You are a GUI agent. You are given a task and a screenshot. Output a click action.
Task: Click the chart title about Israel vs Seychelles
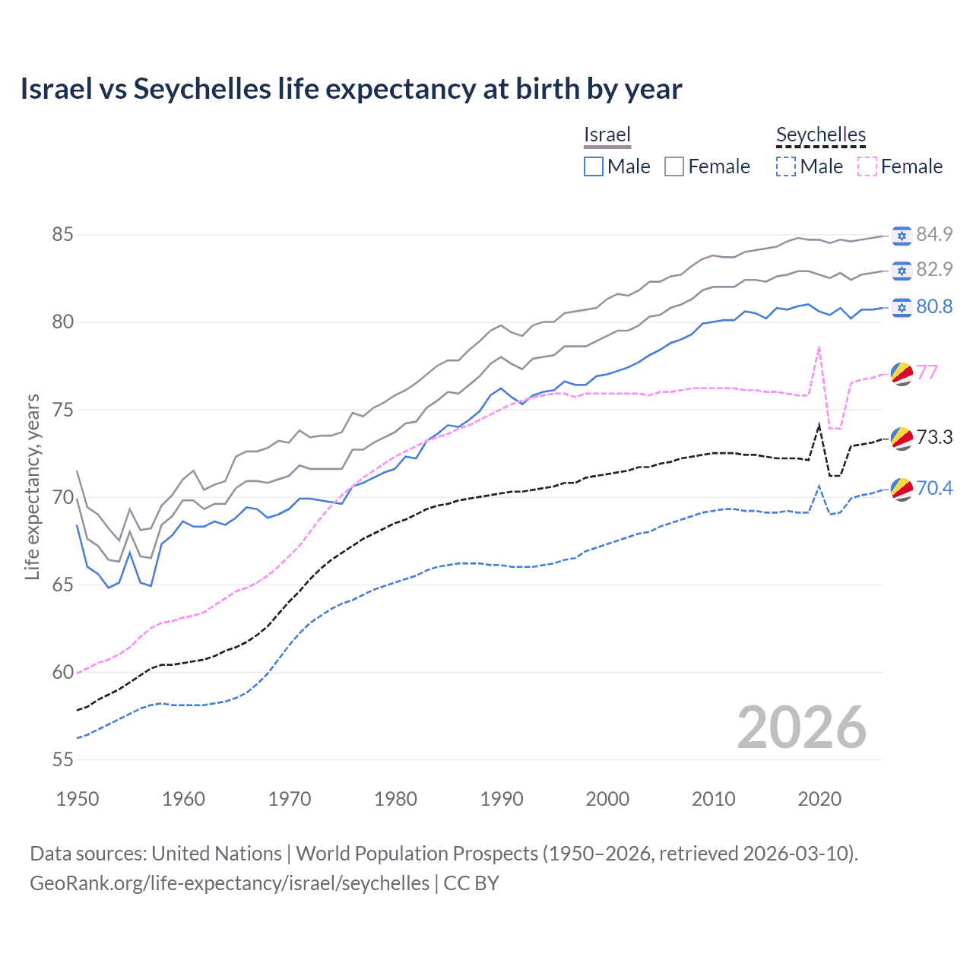click(x=350, y=89)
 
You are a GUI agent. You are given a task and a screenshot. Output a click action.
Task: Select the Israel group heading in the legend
click(x=607, y=135)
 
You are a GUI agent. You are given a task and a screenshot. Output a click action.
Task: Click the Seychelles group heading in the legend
click(x=820, y=135)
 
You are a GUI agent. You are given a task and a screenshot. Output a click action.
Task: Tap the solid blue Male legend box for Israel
click(x=594, y=166)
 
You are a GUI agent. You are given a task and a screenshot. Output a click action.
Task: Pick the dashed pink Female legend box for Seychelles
click(x=867, y=166)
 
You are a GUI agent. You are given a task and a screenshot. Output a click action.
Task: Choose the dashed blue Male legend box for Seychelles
click(x=786, y=166)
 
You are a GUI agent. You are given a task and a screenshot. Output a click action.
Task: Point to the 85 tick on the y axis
click(x=62, y=234)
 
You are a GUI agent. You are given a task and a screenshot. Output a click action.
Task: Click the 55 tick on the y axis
click(x=62, y=759)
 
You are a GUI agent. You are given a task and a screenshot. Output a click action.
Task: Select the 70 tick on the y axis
click(x=62, y=497)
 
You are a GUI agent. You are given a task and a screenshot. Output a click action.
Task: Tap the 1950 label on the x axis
click(x=78, y=799)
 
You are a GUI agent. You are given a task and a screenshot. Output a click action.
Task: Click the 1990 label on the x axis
click(x=502, y=799)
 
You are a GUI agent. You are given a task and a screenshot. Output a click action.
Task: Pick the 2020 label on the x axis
click(x=819, y=799)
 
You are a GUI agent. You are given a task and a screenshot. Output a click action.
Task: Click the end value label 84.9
click(x=934, y=234)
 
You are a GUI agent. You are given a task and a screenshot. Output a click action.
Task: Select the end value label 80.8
click(x=934, y=306)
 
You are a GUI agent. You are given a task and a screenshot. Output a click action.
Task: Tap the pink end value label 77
click(x=927, y=372)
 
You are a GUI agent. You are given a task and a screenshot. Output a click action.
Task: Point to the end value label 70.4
click(x=934, y=488)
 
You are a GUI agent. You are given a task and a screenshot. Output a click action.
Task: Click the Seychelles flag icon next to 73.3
click(x=902, y=438)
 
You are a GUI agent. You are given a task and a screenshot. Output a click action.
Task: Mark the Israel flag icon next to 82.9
click(x=902, y=270)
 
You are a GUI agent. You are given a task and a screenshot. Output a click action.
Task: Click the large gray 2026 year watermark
click(x=801, y=727)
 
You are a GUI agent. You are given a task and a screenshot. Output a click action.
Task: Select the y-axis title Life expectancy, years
click(x=32, y=486)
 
